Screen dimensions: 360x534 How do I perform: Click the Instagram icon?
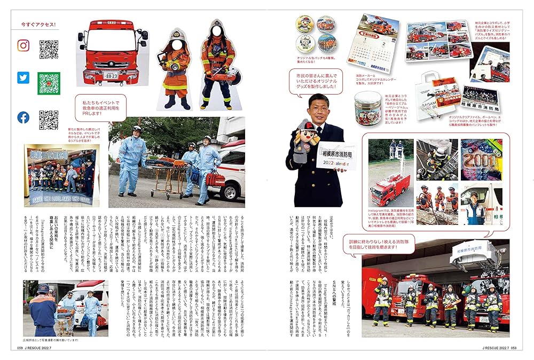coord(23,46)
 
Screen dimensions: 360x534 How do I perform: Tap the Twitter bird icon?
coord(23,78)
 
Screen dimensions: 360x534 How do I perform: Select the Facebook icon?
coord(23,118)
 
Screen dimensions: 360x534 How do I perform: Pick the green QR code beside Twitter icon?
coord(49,83)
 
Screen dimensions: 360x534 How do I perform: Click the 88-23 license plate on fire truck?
coord(111,75)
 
